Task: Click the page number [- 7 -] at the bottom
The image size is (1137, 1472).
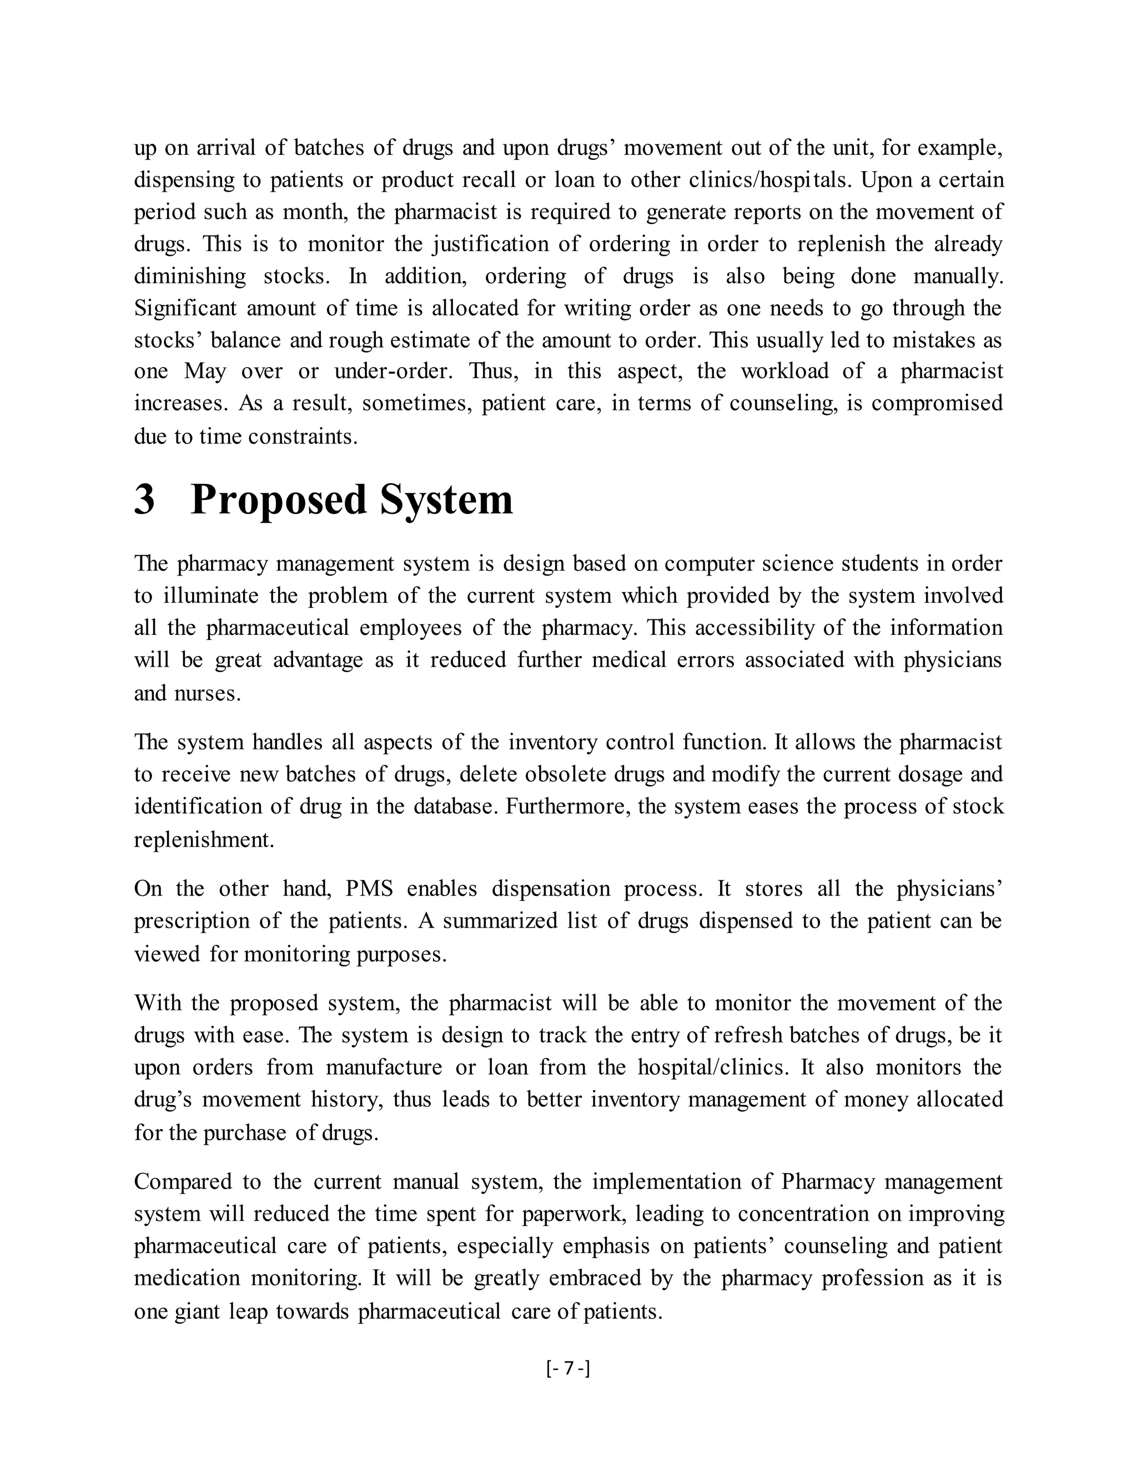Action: click(568, 1368)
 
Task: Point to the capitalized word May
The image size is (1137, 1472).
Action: click(205, 372)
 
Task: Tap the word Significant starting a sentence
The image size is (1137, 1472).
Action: click(185, 309)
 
